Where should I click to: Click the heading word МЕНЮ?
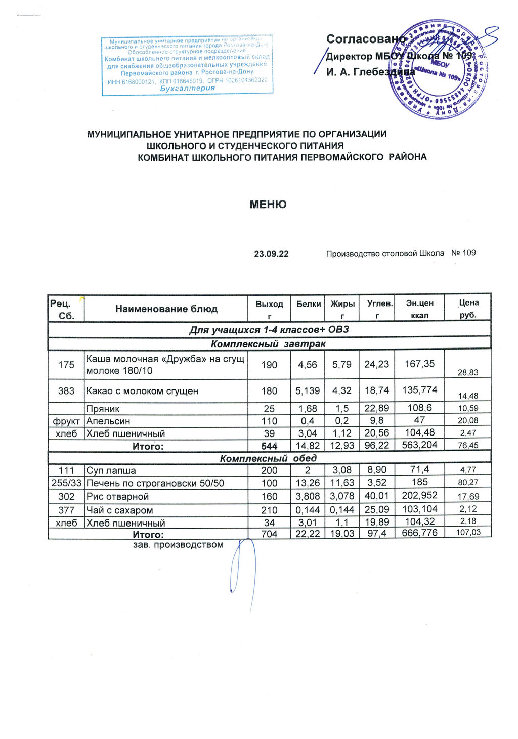(x=268, y=205)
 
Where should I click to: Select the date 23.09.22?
(x=271, y=254)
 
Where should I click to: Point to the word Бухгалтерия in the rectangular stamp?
(x=187, y=88)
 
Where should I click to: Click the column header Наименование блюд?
(x=166, y=309)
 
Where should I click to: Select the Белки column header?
(x=309, y=304)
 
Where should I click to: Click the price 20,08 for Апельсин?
(x=468, y=421)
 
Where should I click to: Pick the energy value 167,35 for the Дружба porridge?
(x=420, y=364)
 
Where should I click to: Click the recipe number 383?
(x=66, y=391)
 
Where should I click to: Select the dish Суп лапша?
(x=111, y=471)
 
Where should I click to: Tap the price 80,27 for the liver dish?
(x=468, y=483)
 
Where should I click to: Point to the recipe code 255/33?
(x=66, y=483)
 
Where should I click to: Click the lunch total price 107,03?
(x=468, y=532)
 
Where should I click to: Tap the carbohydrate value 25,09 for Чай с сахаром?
(x=376, y=510)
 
